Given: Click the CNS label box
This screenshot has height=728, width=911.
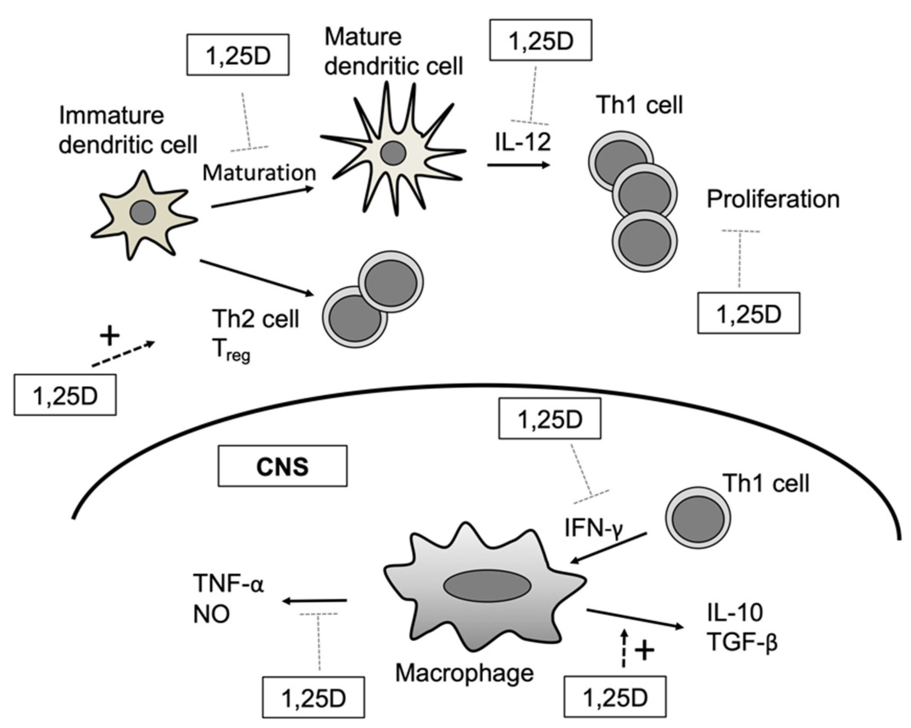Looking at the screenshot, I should pos(282,466).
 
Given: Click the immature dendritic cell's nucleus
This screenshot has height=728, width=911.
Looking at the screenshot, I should pos(142,212).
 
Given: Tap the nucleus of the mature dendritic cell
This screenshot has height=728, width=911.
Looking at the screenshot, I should pos(393,153).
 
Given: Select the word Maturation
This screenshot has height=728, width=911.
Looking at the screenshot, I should pos(259,173).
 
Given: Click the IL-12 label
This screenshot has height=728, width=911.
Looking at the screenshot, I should pos(523,142).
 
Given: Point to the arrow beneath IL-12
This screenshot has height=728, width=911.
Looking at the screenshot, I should pos(518,165).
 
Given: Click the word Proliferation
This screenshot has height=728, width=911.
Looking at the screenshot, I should pos(773,199).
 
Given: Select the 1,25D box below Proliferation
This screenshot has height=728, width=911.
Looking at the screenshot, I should pos(748,313).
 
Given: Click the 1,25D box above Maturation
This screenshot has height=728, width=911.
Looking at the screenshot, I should pos(238,55).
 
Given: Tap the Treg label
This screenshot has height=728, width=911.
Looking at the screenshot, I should pos(231,351).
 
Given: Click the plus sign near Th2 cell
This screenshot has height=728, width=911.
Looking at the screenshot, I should pos(110,336).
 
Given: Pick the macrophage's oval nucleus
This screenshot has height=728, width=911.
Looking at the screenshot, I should pos(487,586).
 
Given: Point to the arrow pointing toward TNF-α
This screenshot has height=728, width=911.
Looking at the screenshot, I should pos(315,600).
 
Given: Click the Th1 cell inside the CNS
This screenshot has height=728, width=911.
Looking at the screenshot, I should pos(698,517).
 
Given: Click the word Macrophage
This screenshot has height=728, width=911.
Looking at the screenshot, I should pos(464,673).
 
